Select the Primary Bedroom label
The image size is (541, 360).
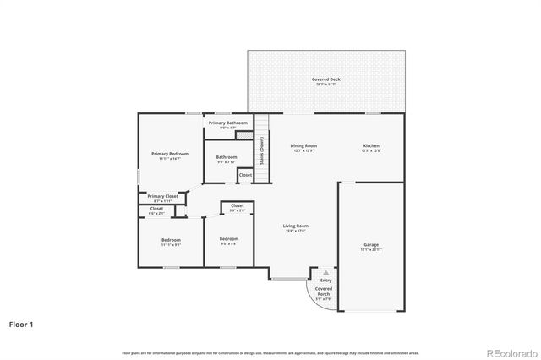(170, 155)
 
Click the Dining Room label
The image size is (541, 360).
(303, 148)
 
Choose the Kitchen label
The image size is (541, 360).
(371, 148)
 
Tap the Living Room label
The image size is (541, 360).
(295, 227)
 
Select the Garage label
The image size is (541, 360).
(371, 247)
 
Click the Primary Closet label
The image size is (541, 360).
(162, 197)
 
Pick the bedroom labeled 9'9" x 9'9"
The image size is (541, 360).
(229, 241)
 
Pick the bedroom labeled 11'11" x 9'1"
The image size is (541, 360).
(171, 242)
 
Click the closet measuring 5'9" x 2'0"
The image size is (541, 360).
(238, 207)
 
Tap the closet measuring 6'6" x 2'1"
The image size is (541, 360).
(157, 210)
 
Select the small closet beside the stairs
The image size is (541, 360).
(245, 175)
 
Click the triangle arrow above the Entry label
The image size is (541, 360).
(325, 272)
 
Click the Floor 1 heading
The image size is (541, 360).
(22, 324)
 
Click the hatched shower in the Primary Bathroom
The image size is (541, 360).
(244, 134)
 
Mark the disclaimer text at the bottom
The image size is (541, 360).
(270, 352)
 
